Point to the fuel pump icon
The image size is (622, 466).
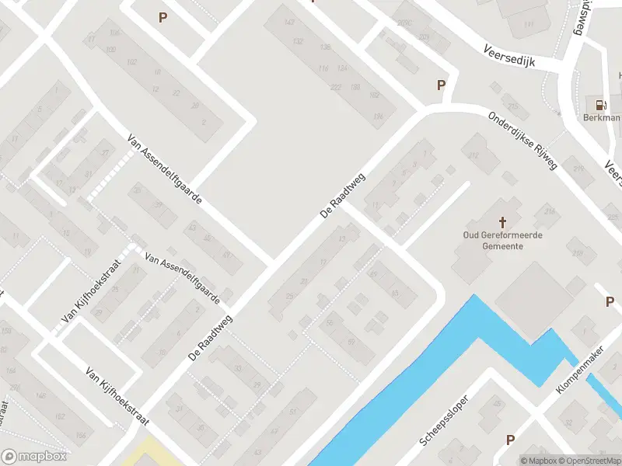point(600,105)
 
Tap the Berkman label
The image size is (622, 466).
point(601,118)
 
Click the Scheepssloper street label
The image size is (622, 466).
point(444,423)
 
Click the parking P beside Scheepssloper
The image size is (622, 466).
point(510,440)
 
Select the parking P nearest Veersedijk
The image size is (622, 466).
point(442,85)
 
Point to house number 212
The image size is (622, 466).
point(473,157)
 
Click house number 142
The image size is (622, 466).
point(291,22)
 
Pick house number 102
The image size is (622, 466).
point(131,61)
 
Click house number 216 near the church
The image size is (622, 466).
point(550,211)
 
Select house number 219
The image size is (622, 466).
point(578,168)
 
